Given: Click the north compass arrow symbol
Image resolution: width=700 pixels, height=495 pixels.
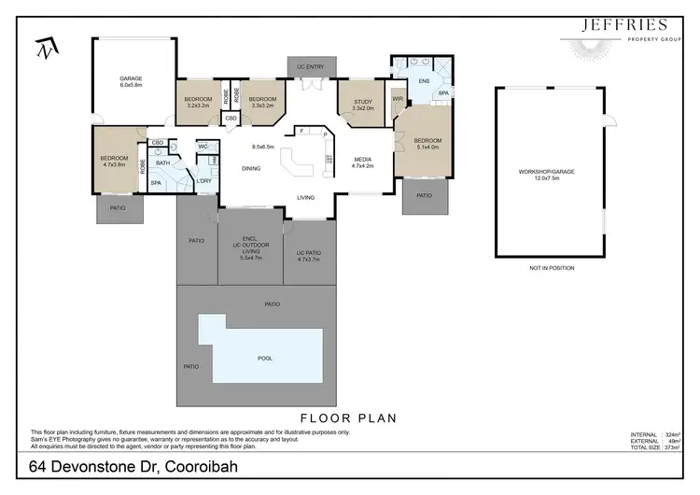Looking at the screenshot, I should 43,47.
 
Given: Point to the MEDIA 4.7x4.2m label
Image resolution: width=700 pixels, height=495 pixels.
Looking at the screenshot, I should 363,163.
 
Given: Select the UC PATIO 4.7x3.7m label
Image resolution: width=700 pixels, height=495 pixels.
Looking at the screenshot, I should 308,255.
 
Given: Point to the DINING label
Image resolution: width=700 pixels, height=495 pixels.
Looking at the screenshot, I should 251,169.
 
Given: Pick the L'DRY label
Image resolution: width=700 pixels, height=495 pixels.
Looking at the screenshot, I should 203,180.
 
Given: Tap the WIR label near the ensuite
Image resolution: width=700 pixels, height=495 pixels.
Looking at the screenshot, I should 398,98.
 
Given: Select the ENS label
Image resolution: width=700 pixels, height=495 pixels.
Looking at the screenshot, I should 423,81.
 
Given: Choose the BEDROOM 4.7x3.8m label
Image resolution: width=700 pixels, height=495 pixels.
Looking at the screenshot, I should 114,162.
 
